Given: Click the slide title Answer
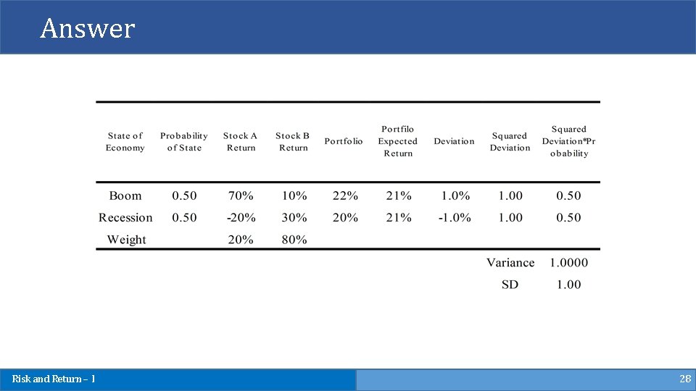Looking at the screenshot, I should coord(88,28).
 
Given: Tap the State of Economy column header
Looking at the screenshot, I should coord(125,141).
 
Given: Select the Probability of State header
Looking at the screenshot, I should coord(184,141).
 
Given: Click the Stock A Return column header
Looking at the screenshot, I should coord(241,141).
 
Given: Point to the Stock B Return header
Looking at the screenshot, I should coord(293,141).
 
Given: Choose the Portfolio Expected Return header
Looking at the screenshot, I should coord(398,141).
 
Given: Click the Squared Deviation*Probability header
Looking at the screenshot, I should coord(569,141).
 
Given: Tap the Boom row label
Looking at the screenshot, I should coord(125,195).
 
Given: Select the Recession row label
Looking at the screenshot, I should coord(125,217).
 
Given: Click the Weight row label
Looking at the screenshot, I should coord(127,240).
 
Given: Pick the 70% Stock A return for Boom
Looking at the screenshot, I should coord(241,195).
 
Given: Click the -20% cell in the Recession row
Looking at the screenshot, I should coord(241,217).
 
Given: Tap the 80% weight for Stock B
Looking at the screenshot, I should coord(294,240).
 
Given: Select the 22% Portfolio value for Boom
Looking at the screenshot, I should coord(345,195).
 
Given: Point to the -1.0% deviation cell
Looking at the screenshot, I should coord(454,217).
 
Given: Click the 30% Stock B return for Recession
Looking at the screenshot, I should coord(294,217).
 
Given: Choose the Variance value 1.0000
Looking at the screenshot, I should coord(569,263).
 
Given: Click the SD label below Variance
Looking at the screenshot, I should coord(510,285).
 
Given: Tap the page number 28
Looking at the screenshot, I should coord(684,379).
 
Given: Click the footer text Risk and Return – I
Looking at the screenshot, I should coord(54,379).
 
